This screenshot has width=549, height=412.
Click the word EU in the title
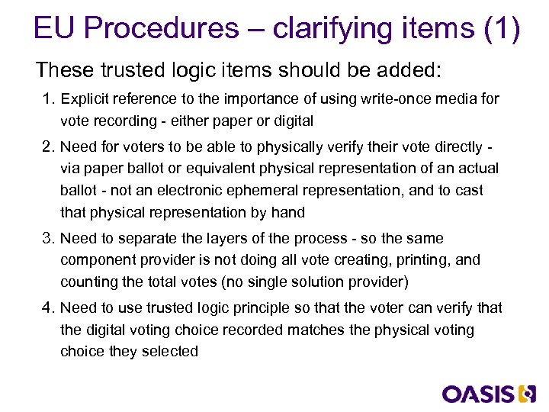click(x=55, y=29)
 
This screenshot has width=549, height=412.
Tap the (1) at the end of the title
click(x=502, y=29)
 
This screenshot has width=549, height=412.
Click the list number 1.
click(x=47, y=99)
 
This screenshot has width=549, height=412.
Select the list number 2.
click(x=47, y=146)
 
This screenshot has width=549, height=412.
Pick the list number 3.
click(x=47, y=239)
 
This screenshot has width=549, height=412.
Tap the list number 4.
click(x=47, y=308)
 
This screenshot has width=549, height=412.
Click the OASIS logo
click(x=490, y=394)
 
